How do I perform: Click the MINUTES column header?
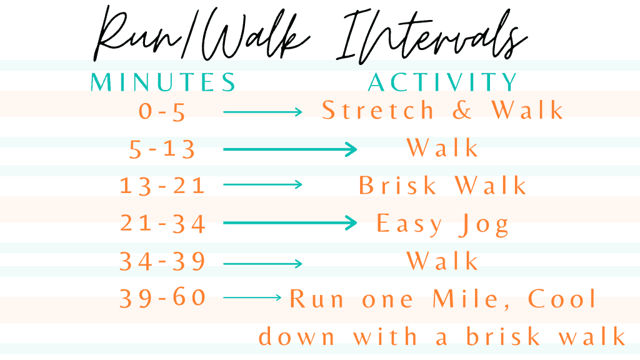pyautogui.click(x=163, y=82)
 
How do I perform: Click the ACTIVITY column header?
pyautogui.click(x=442, y=82)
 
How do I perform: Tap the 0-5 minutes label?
pyautogui.click(x=162, y=111)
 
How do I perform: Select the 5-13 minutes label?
pyautogui.click(x=162, y=149)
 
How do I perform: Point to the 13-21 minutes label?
pyautogui.click(x=162, y=185)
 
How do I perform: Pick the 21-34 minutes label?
pyautogui.click(x=162, y=224)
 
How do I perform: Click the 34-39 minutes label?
pyautogui.click(x=162, y=261)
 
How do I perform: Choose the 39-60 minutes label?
pyautogui.click(x=162, y=297)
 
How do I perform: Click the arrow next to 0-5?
pyautogui.click(x=262, y=112)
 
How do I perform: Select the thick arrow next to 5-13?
pyautogui.click(x=290, y=149)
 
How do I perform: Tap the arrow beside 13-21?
pyautogui.click(x=262, y=185)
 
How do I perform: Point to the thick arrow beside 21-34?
pyautogui.click(x=290, y=223)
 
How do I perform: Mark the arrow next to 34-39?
pyautogui.click(x=262, y=264)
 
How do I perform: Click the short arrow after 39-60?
pyautogui.click(x=252, y=297)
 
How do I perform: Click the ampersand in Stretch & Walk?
pyautogui.click(x=462, y=111)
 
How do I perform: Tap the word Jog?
pyautogui.click(x=484, y=225)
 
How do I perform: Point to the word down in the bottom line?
pyautogui.click(x=297, y=336)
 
